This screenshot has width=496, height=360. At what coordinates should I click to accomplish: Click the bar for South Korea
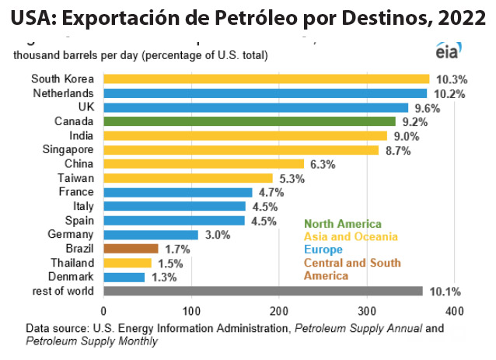[266, 79]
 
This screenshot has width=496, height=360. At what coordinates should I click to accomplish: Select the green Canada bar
[249, 121]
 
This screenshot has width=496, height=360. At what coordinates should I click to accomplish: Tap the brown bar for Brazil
[131, 249]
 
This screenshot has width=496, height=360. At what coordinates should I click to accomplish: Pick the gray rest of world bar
[263, 291]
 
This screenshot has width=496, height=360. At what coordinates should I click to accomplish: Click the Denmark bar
[124, 277]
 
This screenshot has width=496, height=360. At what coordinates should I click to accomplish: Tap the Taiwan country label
[76, 178]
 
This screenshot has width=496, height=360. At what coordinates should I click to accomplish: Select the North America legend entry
[343, 224]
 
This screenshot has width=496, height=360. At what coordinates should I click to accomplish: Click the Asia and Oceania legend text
[351, 236]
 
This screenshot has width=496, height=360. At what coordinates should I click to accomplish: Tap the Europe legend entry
[323, 250]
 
